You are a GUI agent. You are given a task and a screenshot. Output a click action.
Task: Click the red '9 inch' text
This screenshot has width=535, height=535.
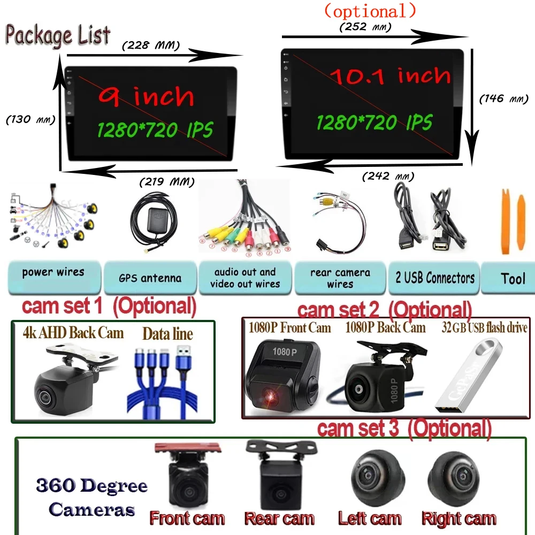pos(146,97)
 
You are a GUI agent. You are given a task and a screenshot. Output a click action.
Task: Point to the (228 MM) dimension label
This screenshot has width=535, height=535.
pos(151,45)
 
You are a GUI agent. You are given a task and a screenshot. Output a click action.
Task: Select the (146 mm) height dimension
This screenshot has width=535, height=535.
pos(503,98)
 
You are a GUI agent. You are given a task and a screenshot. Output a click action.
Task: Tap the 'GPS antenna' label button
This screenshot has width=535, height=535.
pos(150,278)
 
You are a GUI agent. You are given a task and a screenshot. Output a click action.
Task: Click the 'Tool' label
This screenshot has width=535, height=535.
pos(513,278)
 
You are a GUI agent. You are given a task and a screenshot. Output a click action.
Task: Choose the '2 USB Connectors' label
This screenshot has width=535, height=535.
pos(434,278)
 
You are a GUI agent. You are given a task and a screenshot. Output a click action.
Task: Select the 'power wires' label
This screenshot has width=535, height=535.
pos(53,272)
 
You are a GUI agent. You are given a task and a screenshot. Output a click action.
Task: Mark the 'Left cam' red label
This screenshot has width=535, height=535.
pos(370,518)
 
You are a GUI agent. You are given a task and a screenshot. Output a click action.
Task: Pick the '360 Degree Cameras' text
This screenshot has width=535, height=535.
pos(91,498)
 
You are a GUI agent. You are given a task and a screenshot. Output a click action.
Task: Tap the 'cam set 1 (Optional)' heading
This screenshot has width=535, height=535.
pos(109,307)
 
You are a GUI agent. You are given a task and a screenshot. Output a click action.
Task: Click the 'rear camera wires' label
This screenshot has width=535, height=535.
pos(340,278)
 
